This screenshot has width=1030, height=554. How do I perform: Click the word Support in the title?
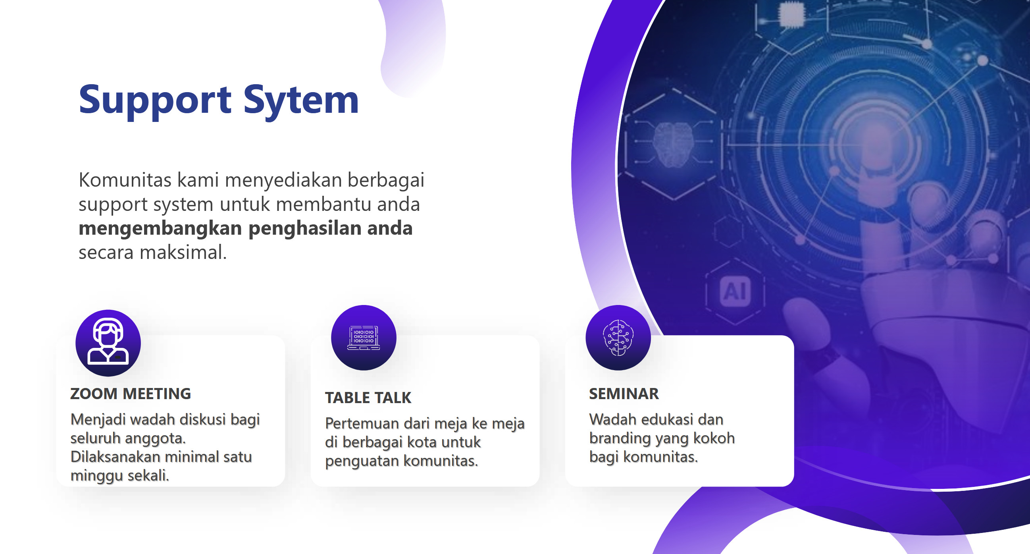[x=155, y=100]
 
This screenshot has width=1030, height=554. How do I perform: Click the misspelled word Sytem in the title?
[x=301, y=100]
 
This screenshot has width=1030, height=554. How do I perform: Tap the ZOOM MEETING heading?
[x=131, y=394]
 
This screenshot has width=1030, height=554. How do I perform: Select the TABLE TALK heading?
[x=368, y=398]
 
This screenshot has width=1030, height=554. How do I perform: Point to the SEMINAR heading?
[x=624, y=394]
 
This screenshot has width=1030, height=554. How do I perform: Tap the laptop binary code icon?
[x=364, y=338]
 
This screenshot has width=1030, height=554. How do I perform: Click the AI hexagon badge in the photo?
[x=735, y=291]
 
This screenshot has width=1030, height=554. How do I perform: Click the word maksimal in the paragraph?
[x=183, y=253]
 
